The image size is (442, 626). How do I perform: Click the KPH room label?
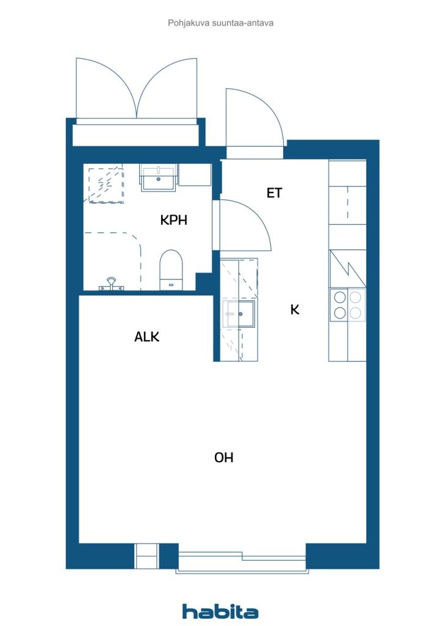coord(173,220)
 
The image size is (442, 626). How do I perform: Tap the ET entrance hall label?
coord(274,193)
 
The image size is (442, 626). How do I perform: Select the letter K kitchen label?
coord(294,309)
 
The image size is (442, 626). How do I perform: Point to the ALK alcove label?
coord(147,337)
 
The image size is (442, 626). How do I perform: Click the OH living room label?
coord(223,457)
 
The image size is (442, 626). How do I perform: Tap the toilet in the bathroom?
coord(171,270)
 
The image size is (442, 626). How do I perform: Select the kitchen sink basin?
coord(239,314)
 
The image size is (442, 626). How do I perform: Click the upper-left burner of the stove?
coord(340,298)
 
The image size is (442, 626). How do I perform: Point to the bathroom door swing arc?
coord(258,214)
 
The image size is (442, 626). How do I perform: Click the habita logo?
coord(220,611)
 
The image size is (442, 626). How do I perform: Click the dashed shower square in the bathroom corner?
coord(106,185)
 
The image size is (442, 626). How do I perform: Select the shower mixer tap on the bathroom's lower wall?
coord(111,284)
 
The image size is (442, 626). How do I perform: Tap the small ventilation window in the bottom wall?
coord(147,556)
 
